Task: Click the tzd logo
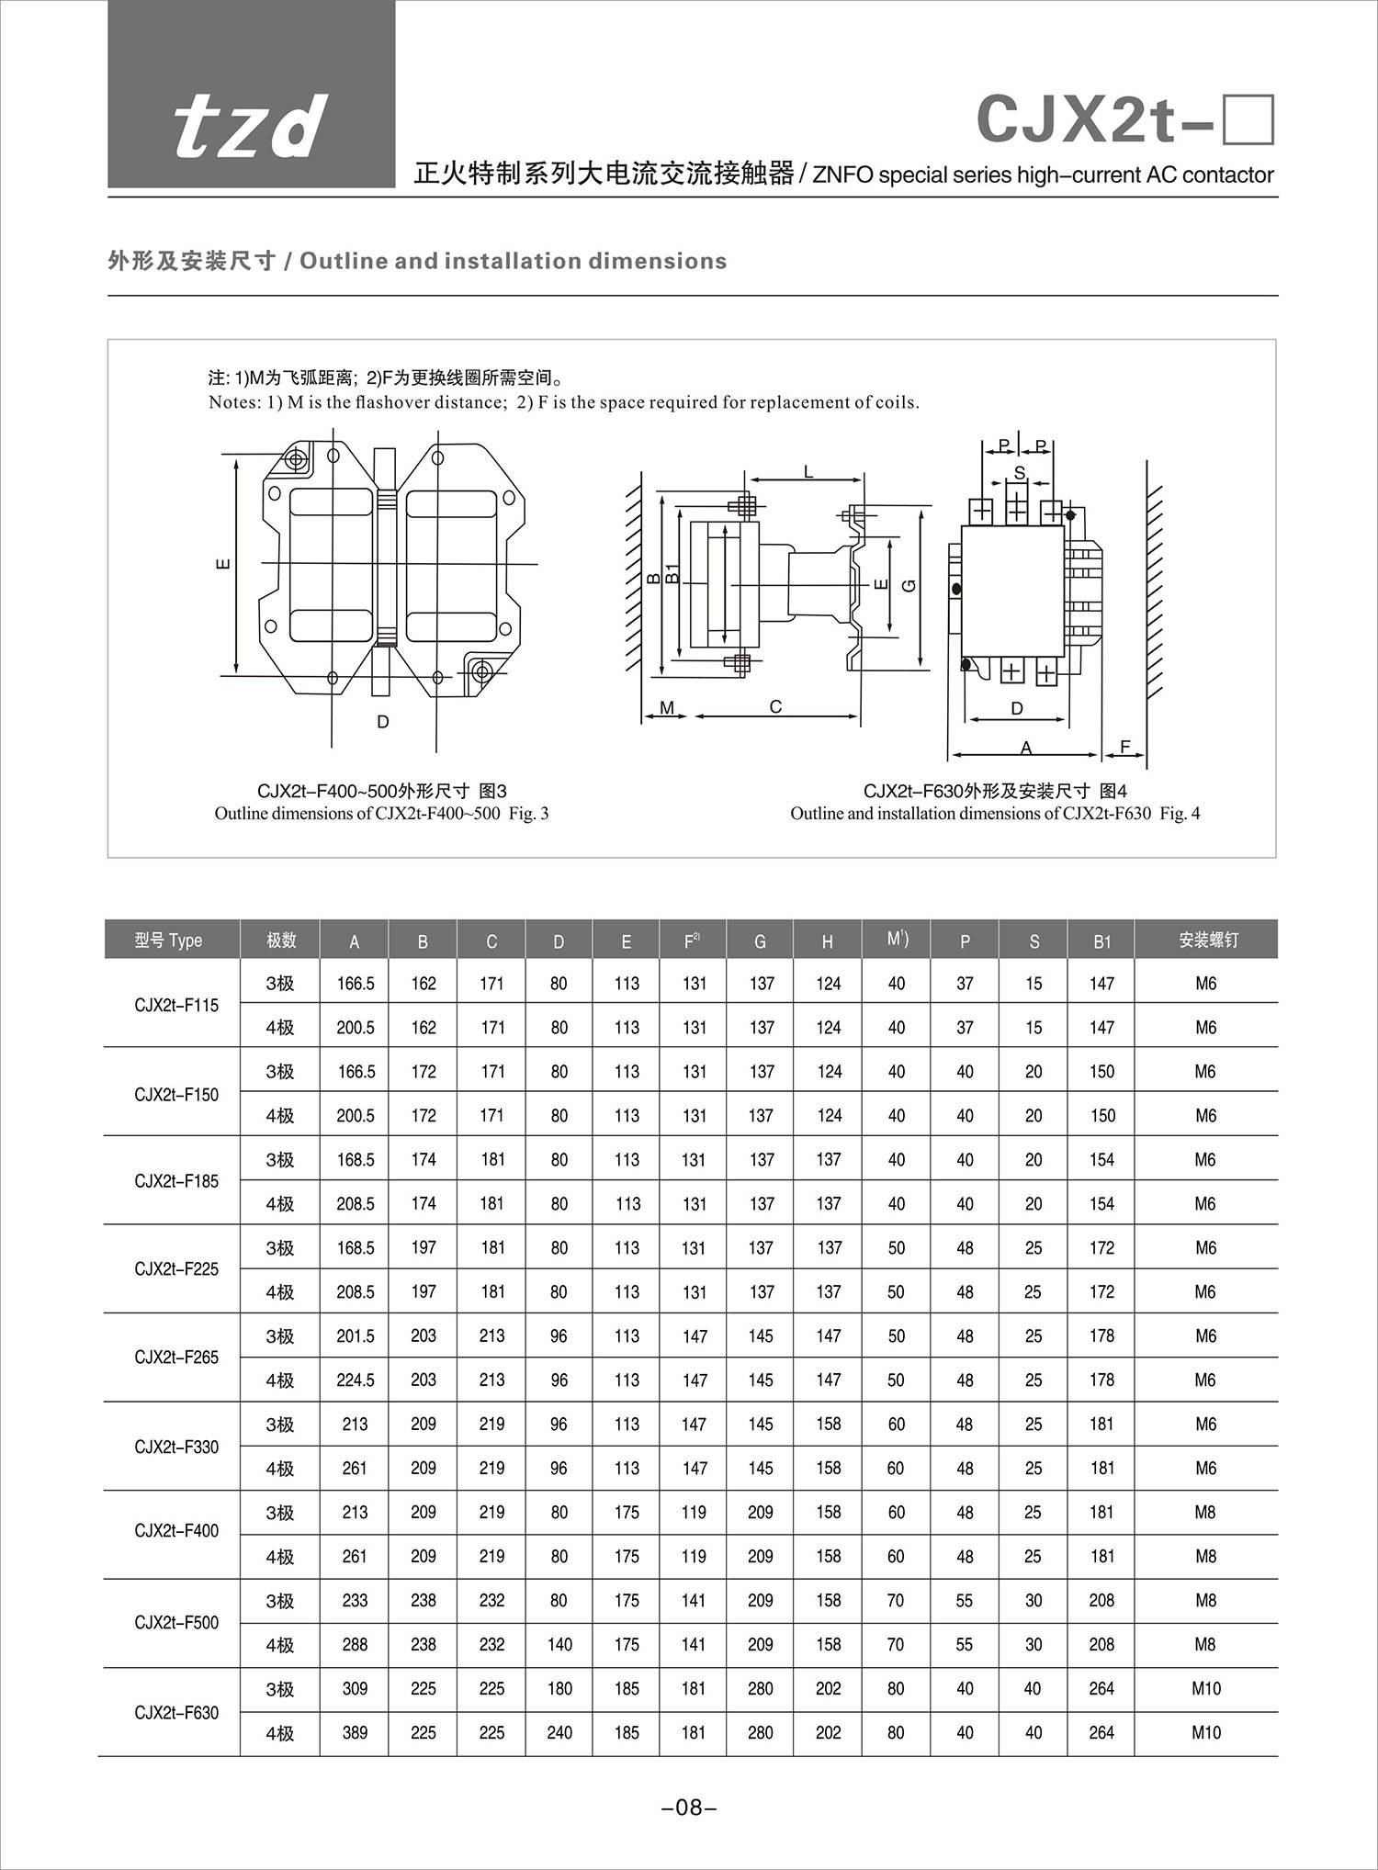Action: pos(250,125)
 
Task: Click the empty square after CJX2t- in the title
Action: pos(1248,120)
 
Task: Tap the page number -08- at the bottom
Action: pos(688,1808)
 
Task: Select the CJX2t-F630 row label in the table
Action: pos(176,1712)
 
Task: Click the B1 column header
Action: pos(1101,941)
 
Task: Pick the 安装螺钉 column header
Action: pos(1207,940)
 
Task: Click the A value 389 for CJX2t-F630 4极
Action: pos(355,1733)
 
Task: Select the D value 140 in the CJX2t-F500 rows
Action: pos(559,1645)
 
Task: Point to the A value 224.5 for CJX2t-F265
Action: pos(356,1380)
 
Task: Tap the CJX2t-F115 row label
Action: pos(176,1006)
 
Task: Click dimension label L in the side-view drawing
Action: pos(808,472)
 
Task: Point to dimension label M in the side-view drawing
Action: pos(667,708)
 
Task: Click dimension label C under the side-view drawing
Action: pos(775,706)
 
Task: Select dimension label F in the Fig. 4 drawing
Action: pos(1124,747)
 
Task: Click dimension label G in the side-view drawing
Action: pos(909,584)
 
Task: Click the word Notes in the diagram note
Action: pos(233,402)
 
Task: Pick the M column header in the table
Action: pos(897,939)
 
